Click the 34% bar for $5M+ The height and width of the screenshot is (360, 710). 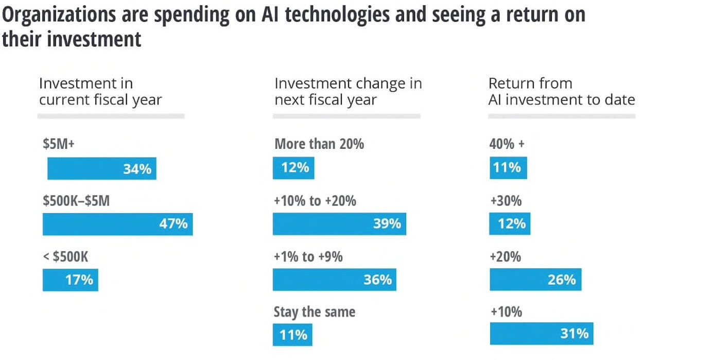tap(101, 169)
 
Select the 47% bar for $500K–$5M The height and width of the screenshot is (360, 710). tap(117, 225)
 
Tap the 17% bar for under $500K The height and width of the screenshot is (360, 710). tap(70, 280)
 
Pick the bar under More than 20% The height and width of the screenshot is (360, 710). tap(293, 168)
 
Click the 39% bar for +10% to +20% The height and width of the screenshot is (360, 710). tap(339, 224)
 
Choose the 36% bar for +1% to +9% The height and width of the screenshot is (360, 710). tap(334, 280)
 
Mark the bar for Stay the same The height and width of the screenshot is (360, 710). tap(292, 335)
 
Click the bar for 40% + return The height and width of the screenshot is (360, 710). tap(508, 168)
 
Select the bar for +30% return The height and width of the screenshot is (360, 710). tap(509, 224)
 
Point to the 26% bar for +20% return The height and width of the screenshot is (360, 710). tap(535, 280)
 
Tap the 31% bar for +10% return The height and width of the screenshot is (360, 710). tap(541, 334)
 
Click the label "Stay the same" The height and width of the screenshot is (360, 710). tap(314, 312)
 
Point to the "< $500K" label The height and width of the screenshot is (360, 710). tap(65, 256)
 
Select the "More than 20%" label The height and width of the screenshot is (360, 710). tap(319, 144)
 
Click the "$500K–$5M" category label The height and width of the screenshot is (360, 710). tap(76, 200)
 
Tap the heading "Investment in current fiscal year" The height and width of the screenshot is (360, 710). tap(100, 91)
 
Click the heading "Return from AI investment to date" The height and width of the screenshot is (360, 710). tap(561, 91)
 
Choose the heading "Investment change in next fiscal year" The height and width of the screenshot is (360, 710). tap(348, 91)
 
